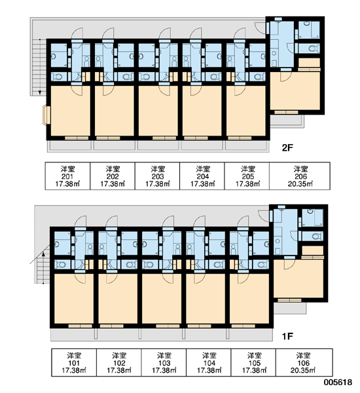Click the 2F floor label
point(287,148)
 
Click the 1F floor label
point(287,336)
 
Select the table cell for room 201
point(67,176)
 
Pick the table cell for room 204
point(202,176)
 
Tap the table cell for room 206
point(300,176)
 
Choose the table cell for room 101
point(74,362)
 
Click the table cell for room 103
point(164,362)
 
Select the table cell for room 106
point(304,362)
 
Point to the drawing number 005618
point(338,383)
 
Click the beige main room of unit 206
point(295,91)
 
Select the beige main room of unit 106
point(298,278)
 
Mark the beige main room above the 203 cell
point(158,111)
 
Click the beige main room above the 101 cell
point(74,299)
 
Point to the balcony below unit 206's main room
point(287,121)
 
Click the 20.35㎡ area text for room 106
point(303,370)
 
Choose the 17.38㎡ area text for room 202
point(113,184)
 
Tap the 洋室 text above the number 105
point(254,356)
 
